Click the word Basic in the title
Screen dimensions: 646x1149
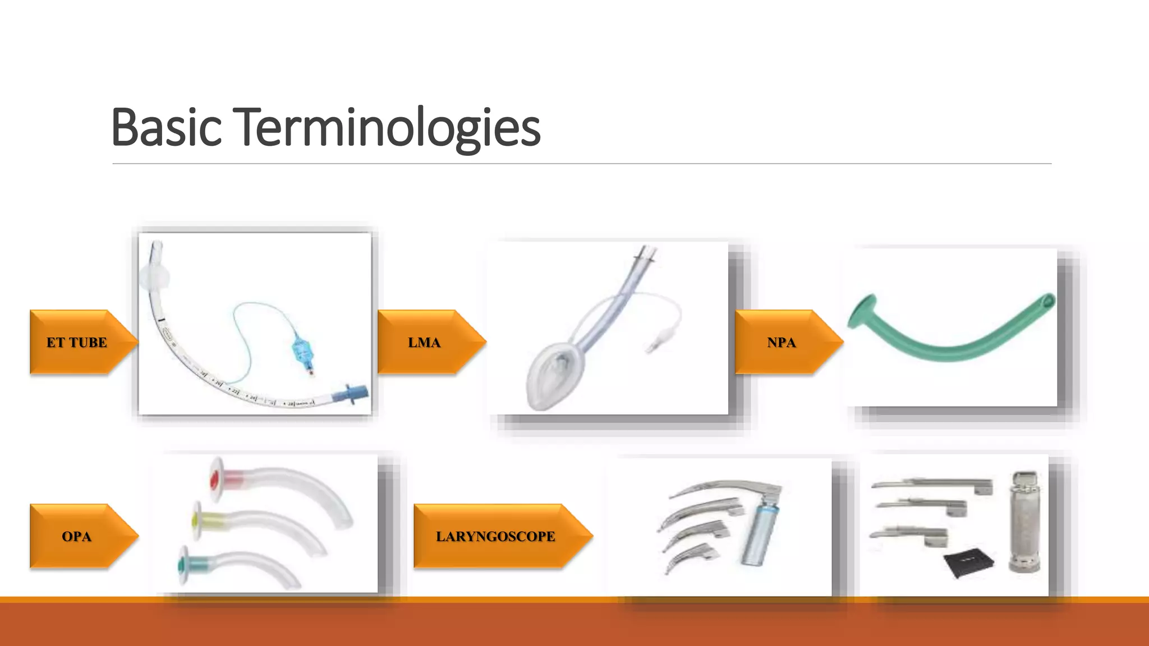tap(167, 127)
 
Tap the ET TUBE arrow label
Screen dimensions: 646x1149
tap(77, 342)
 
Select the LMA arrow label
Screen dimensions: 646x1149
tap(424, 342)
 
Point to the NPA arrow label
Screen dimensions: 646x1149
tap(782, 342)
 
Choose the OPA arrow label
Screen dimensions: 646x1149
tap(77, 536)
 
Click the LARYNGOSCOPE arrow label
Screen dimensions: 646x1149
tap(495, 536)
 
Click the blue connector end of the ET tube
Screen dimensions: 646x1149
tap(351, 394)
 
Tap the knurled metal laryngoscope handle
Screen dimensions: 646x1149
tap(1025, 522)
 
